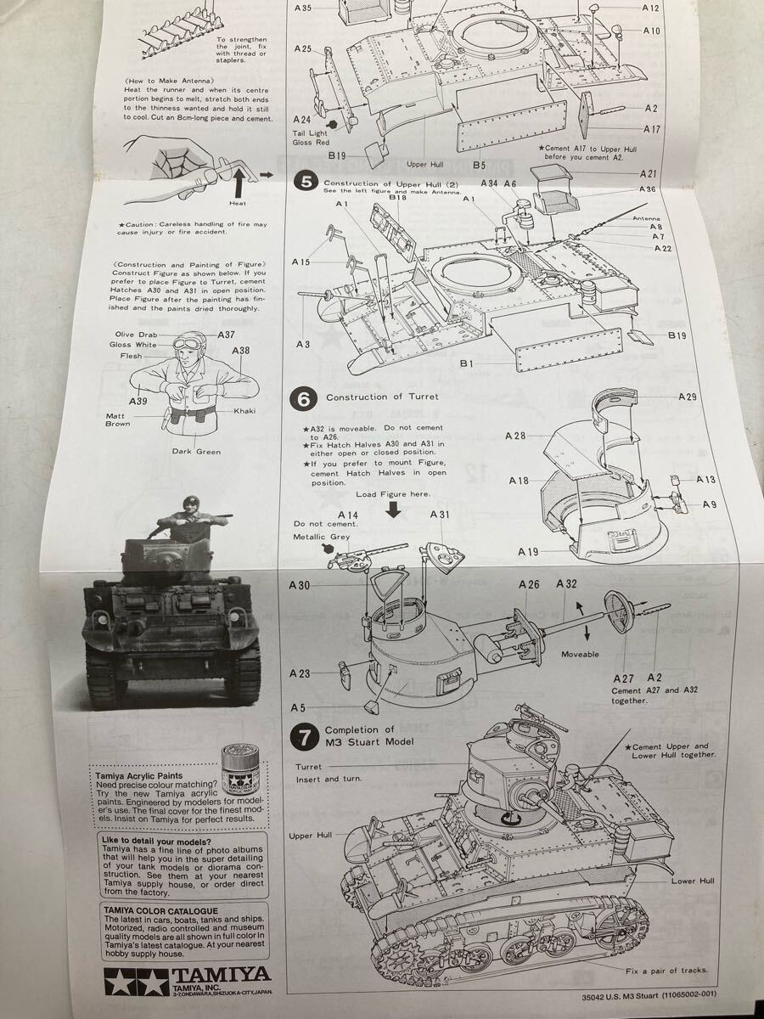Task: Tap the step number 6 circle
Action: click(x=305, y=397)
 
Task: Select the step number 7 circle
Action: click(x=304, y=736)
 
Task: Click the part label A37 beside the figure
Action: click(x=226, y=335)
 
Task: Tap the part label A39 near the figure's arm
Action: click(x=138, y=400)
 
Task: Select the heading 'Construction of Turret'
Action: click(x=382, y=397)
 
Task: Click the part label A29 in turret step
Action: click(x=687, y=397)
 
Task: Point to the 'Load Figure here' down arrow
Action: click(x=393, y=509)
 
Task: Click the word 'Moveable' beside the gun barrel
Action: click(x=580, y=655)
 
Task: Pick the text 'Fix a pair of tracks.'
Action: click(x=666, y=971)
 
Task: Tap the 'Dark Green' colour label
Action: click(x=196, y=452)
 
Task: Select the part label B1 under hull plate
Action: click(x=465, y=363)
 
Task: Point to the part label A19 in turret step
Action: click(x=528, y=552)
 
